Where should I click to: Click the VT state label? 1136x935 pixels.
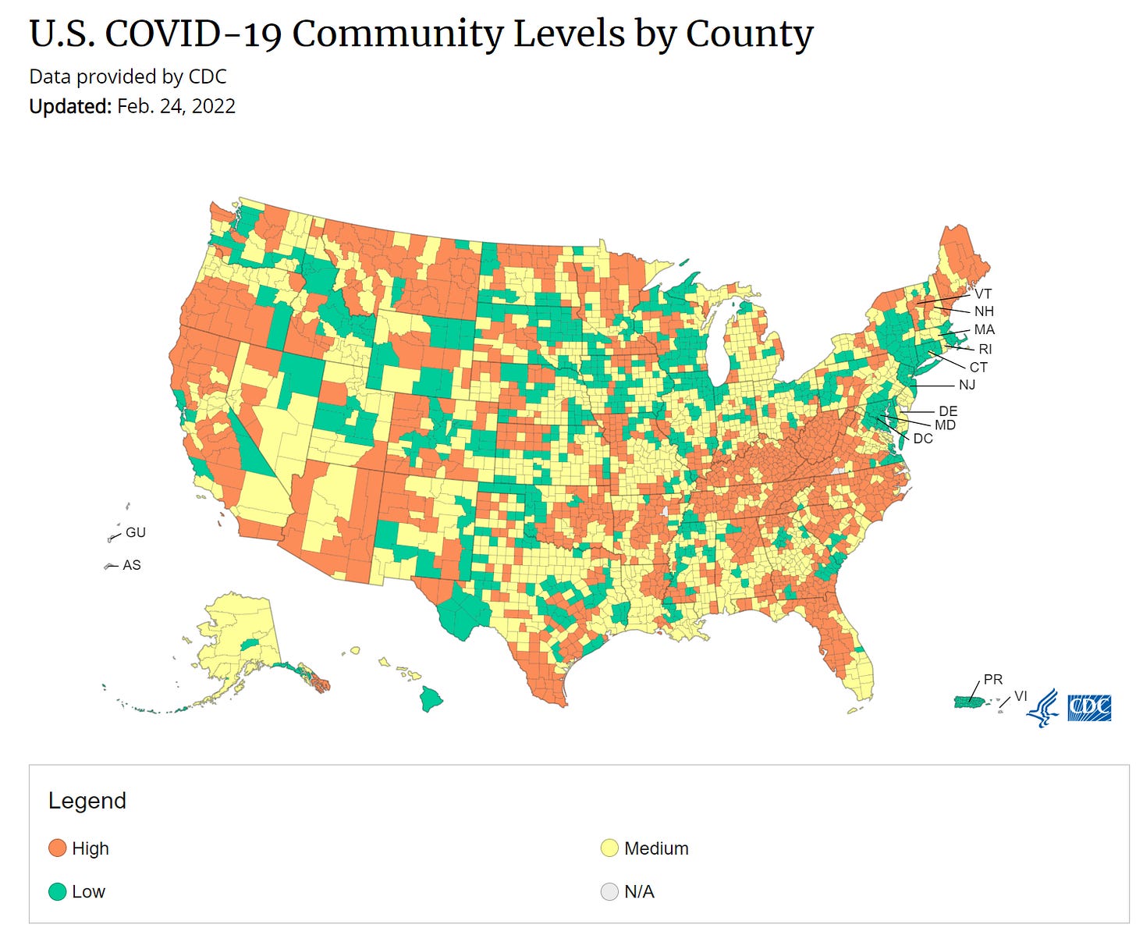coord(982,294)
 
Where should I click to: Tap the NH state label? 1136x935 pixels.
coord(984,311)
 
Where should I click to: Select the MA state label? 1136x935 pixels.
coord(984,330)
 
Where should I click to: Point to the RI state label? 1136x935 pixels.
coord(985,349)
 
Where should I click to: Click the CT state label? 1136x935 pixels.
coord(978,368)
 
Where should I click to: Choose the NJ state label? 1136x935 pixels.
coord(967,385)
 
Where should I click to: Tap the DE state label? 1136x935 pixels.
coord(948,411)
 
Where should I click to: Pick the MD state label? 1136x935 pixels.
coord(945,425)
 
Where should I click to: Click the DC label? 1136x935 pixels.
coord(923,439)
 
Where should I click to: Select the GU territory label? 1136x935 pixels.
coord(136,532)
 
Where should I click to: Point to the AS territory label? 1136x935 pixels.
coord(132,565)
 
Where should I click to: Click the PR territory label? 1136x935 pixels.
coord(993,680)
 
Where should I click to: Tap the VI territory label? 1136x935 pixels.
coord(1021,696)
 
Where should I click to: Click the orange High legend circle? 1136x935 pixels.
coord(58,848)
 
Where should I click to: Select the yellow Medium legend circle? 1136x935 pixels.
coord(609,848)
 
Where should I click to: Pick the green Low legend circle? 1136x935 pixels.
coord(58,891)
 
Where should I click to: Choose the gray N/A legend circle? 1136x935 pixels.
coord(609,891)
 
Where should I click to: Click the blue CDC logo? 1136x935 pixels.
coord(1089,707)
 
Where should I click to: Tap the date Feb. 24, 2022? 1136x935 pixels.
coord(176,106)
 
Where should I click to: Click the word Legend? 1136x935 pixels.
coord(87,801)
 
